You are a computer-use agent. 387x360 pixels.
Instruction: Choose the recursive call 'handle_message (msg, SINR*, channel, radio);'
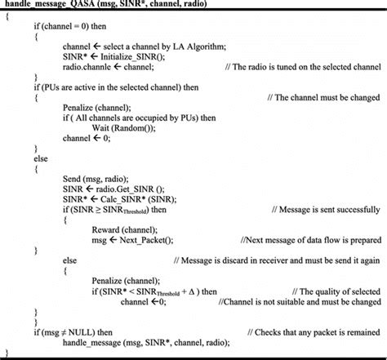point(147,342)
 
